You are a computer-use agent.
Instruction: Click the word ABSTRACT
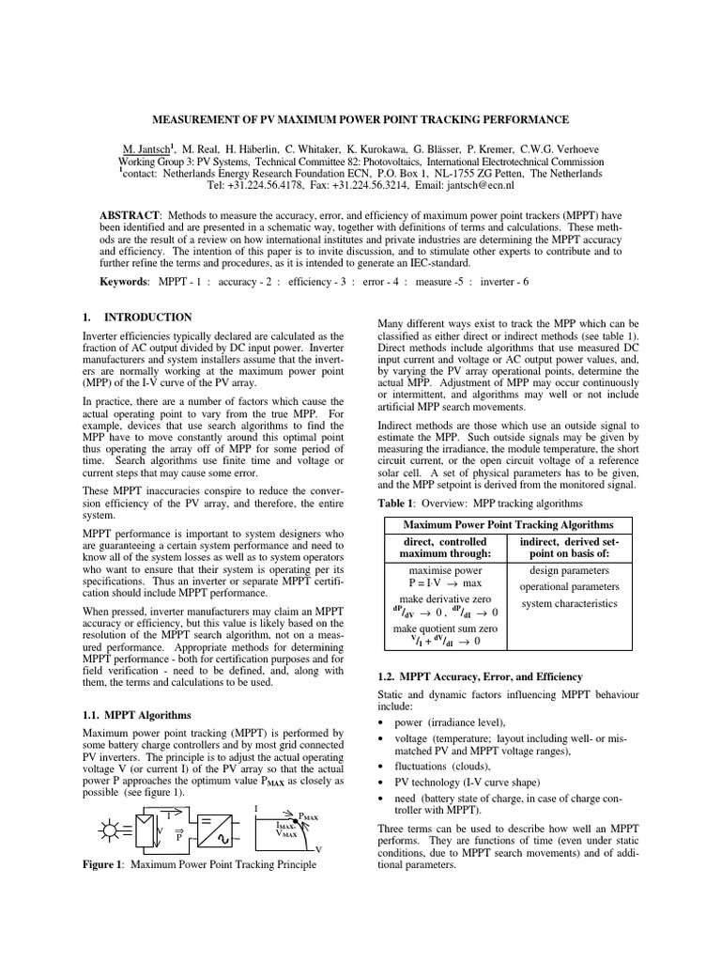(x=130, y=215)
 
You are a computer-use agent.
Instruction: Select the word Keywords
(x=124, y=281)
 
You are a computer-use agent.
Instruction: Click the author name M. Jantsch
(x=149, y=149)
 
